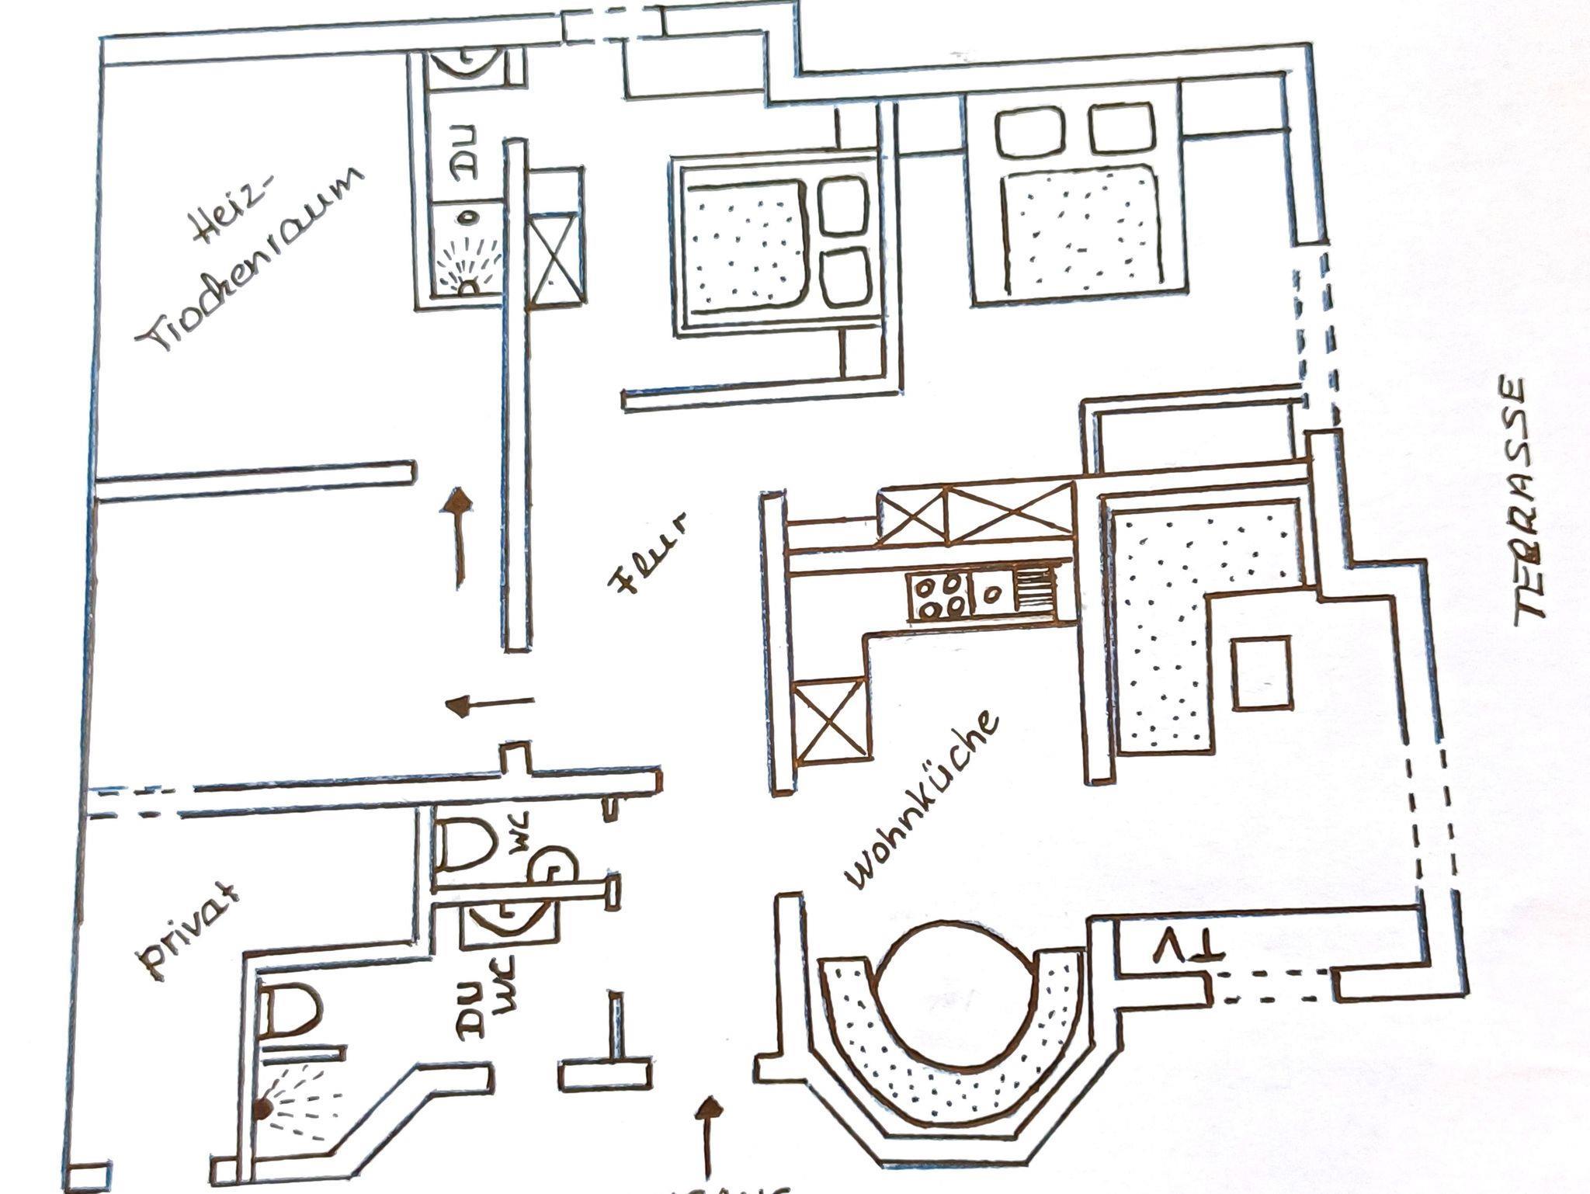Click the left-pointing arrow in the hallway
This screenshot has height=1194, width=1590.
point(489,704)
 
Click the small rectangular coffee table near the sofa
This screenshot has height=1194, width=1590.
point(1262,672)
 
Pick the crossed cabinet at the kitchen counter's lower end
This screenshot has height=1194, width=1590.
point(829,719)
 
